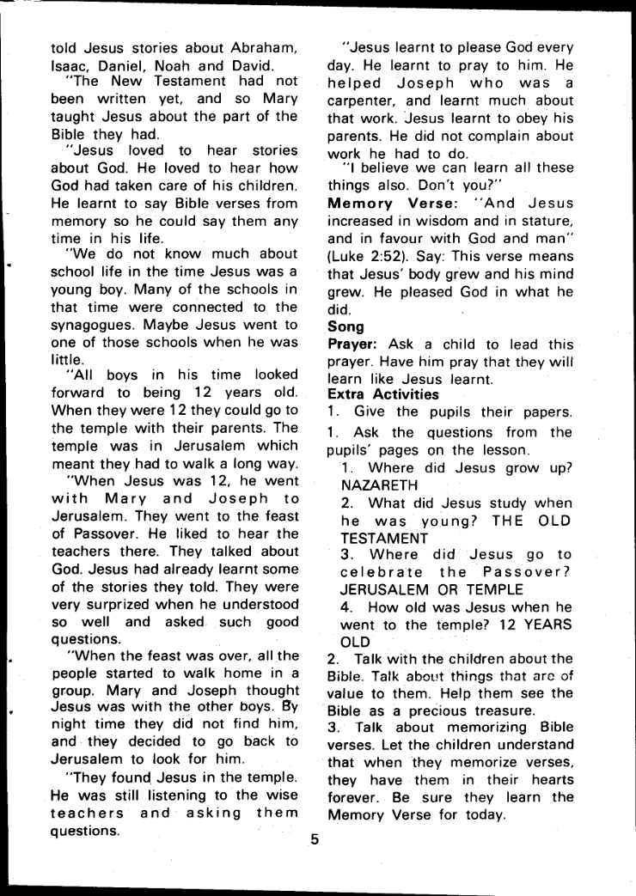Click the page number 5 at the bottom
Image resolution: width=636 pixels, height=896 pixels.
[315, 840]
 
